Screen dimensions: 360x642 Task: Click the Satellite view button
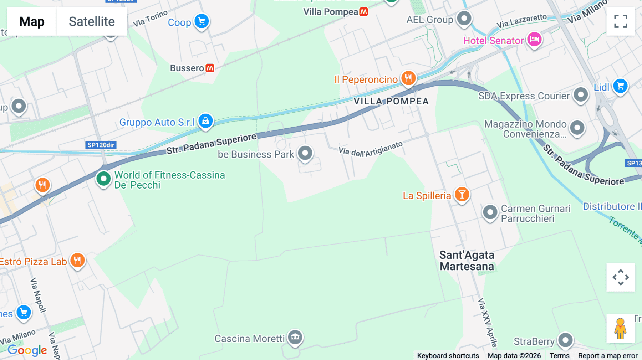point(92,22)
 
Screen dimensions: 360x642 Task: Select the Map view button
point(32,22)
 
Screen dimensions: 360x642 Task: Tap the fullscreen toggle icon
point(621,21)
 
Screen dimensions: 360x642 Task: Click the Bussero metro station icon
point(210,68)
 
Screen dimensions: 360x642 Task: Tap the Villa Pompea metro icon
point(363,12)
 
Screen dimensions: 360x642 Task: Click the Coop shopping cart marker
point(202,21)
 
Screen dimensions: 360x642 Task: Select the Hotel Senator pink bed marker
point(534,39)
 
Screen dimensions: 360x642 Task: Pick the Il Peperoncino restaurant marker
point(408,78)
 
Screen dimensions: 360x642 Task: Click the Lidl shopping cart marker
point(620,86)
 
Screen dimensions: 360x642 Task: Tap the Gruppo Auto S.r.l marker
point(206,121)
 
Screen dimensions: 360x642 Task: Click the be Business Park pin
point(305,153)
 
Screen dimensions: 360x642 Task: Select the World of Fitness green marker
point(103,178)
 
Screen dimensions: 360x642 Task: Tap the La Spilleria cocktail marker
point(462,195)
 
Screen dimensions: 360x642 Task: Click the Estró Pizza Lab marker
point(77,260)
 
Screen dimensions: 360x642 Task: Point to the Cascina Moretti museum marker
point(295,337)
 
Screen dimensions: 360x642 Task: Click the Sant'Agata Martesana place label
point(467,261)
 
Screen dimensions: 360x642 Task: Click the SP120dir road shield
point(101,145)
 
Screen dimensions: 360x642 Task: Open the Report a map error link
point(608,356)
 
